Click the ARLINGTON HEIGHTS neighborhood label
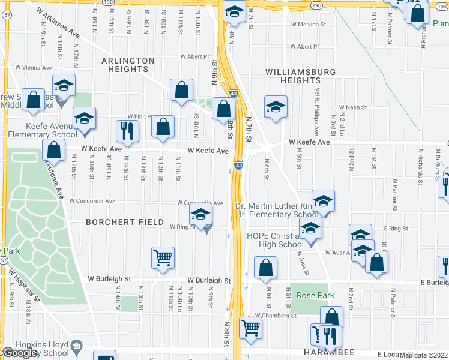pos(128,65)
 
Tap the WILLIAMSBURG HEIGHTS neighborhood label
pos(301,76)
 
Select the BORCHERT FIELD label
pos(125,222)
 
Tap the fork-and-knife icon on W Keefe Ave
pos(127,130)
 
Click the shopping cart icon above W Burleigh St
pos(163,257)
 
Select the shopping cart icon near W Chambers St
pos(250,327)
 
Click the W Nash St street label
pos(353,107)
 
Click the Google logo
pos(19,353)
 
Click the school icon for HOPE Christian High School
pos(310,229)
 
